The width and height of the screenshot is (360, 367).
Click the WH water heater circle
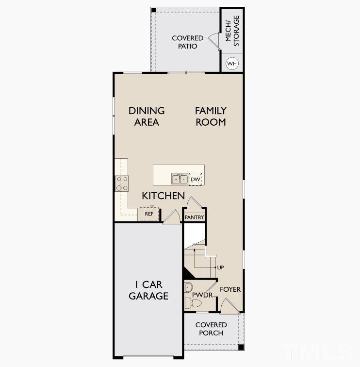[232, 64]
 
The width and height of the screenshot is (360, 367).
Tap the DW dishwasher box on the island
[195, 180]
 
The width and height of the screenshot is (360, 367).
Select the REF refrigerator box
[149, 214]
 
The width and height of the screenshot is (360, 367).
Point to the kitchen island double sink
[180, 179]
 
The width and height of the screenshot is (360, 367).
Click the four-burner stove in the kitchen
[121, 183]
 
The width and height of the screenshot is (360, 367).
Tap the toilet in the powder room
[194, 303]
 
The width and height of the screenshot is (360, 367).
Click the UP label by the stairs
[221, 267]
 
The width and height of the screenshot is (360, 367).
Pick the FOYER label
[230, 289]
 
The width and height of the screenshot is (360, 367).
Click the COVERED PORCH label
[211, 329]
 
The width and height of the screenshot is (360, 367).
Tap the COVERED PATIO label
[187, 42]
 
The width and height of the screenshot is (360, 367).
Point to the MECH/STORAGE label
[232, 31]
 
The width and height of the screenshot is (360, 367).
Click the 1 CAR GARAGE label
[148, 290]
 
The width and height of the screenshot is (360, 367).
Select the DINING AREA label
[147, 117]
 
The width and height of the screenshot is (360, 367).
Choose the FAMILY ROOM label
[211, 117]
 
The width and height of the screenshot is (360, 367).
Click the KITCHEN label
[163, 196]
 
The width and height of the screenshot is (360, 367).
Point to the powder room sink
[189, 287]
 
